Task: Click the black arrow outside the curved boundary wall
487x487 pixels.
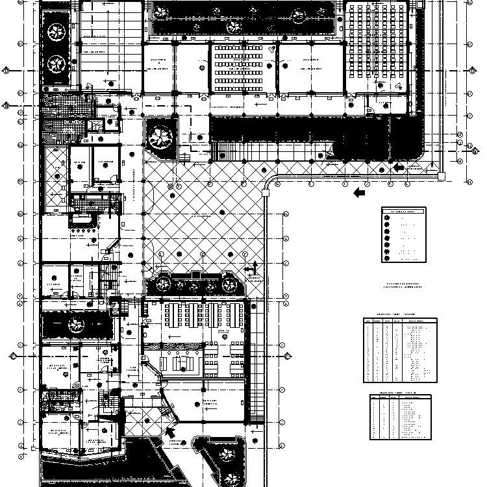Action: pyautogui.click(x=359, y=193)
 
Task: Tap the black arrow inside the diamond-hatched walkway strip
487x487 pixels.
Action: pyautogui.click(x=399, y=168)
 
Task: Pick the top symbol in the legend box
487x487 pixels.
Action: pyautogui.click(x=388, y=217)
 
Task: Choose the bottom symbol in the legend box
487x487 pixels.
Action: pyautogui.click(x=388, y=258)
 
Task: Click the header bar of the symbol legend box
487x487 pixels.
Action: pyautogui.click(x=403, y=211)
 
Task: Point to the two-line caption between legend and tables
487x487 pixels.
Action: pyautogui.click(x=403, y=287)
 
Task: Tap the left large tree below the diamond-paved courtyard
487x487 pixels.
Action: pyautogui.click(x=161, y=283)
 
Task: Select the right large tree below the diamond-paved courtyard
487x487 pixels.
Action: pyautogui.click(x=229, y=284)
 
